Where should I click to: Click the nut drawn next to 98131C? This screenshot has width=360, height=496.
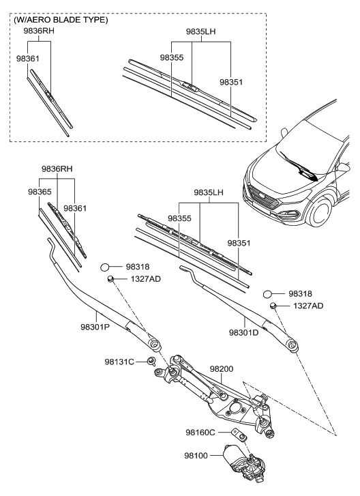[x=152, y=360]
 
